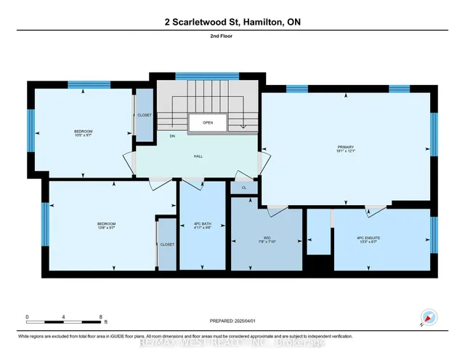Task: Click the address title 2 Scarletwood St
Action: pyautogui.click(x=232, y=23)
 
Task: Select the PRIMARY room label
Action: pyautogui.click(x=345, y=147)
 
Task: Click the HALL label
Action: pyautogui.click(x=198, y=156)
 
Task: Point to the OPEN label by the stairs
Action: pyautogui.click(x=208, y=123)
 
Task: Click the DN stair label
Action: pyautogui.click(x=172, y=136)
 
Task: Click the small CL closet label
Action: pyautogui.click(x=245, y=187)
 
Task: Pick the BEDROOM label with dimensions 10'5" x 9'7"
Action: pyautogui.click(x=84, y=132)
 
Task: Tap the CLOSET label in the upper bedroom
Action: pyautogui.click(x=144, y=116)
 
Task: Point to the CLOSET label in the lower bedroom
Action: pyautogui.click(x=167, y=245)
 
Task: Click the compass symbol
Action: pyautogui.click(x=427, y=318)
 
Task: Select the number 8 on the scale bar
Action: pyautogui.click(x=100, y=316)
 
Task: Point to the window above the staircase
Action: pyautogui.click(x=207, y=76)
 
